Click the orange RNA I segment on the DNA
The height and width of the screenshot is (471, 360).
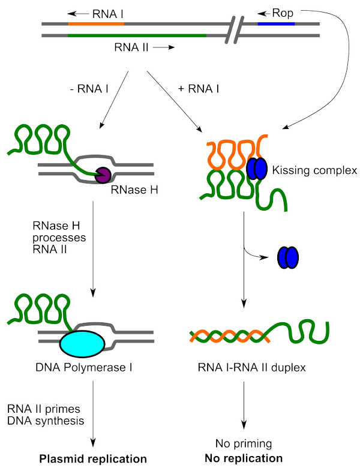pos(96,24)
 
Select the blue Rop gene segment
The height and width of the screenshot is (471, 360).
pos(276,24)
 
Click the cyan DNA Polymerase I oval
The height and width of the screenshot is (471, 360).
pos(83,343)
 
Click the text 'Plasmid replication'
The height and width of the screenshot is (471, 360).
pos(93,459)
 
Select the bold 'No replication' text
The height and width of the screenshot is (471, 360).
pos(243,458)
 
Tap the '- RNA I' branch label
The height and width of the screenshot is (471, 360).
pos(85,89)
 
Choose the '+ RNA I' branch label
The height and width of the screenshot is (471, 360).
pos(199,89)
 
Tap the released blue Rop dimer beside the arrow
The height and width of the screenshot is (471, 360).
pos(287,257)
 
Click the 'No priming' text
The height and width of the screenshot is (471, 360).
pos(243,445)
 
